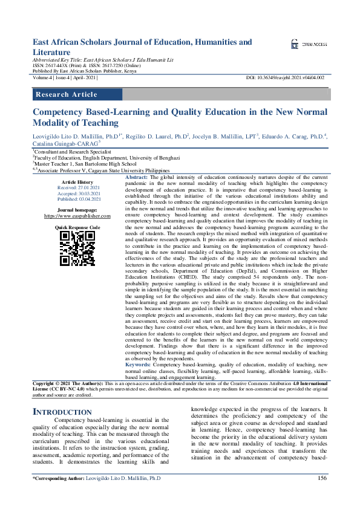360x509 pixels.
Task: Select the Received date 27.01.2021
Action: click(77, 188)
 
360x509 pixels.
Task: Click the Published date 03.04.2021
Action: click(77, 199)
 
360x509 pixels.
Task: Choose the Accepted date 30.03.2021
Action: click(77, 193)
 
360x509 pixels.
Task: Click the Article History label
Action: click(77, 182)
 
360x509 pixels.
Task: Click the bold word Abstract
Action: click(136, 177)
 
